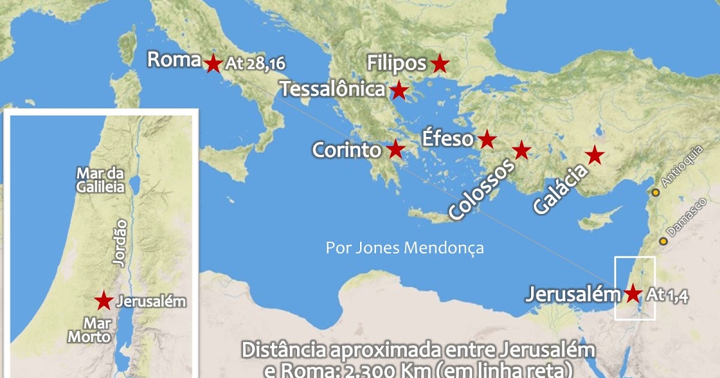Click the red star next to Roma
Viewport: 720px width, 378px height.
[213, 63]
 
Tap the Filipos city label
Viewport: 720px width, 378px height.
[397, 63]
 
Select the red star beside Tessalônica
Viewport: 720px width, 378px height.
[399, 91]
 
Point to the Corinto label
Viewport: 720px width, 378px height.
[347, 149]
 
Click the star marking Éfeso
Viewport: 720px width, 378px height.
[487, 140]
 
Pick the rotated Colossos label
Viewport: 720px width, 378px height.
[482, 190]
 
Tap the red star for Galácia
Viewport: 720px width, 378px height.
[595, 155]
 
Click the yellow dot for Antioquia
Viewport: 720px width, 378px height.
[656, 193]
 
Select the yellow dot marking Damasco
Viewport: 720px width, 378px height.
[664, 241]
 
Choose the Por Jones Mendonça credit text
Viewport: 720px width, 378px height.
[404, 248]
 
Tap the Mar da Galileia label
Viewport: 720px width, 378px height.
[100, 179]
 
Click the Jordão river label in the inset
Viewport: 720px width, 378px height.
[120, 242]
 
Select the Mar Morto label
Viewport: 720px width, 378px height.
[89, 330]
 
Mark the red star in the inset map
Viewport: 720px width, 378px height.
[104, 300]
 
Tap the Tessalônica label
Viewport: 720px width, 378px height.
[332, 90]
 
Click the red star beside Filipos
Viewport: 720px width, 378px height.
[440, 63]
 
